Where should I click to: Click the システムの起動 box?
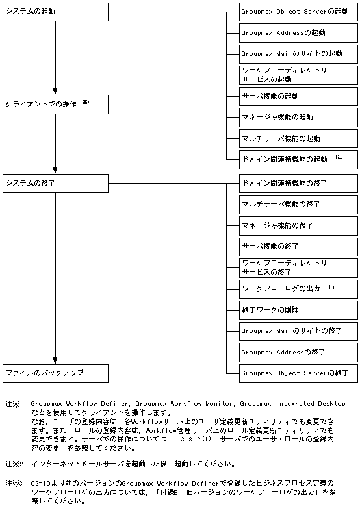(x=55, y=12)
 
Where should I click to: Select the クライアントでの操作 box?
(x=55, y=104)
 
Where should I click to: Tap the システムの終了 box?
(x=55, y=183)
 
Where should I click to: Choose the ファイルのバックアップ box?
(x=55, y=373)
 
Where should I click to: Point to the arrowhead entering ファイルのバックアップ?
(x=55, y=360)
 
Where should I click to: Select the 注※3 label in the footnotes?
(x=14, y=484)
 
